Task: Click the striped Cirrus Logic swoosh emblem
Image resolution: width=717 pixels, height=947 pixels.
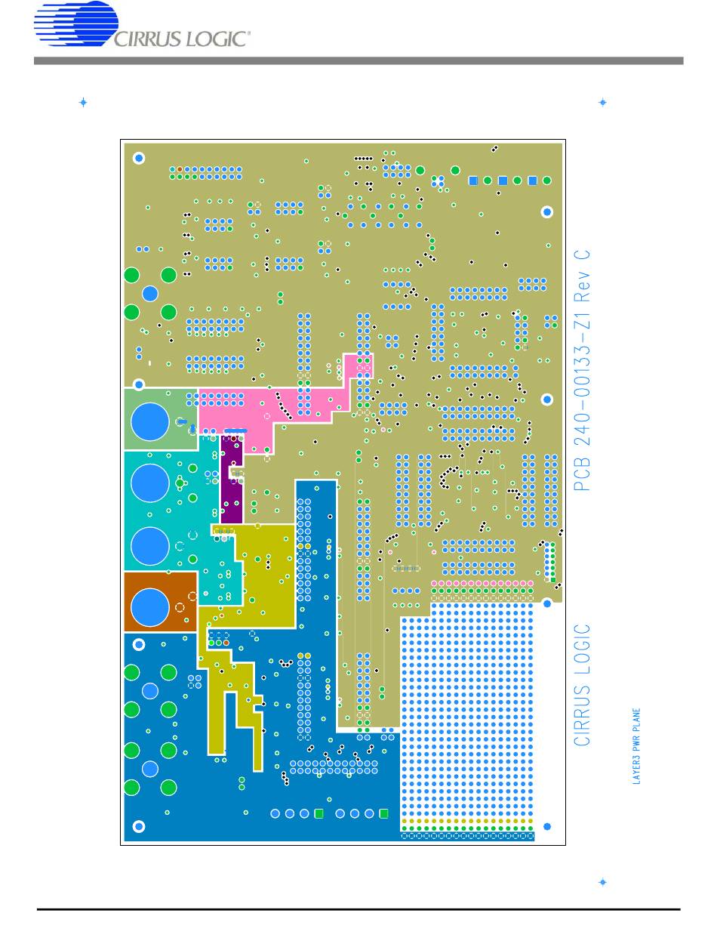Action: pyautogui.click(x=75, y=24)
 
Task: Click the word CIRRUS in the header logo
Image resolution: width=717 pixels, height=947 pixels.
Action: pyautogui.click(x=147, y=39)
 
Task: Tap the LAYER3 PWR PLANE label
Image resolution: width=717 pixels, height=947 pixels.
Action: pyautogui.click(x=636, y=745)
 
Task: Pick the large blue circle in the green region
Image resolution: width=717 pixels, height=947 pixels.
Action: pyautogui.click(x=149, y=421)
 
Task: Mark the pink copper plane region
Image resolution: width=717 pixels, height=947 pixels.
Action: pyautogui.click(x=249, y=412)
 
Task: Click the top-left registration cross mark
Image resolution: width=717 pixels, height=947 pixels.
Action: pyautogui.click(x=83, y=103)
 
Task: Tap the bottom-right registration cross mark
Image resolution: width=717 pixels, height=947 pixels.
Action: pyautogui.click(x=602, y=881)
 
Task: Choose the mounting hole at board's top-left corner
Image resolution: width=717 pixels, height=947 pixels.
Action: pyautogui.click(x=139, y=158)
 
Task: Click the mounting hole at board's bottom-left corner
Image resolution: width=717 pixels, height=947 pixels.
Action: pyautogui.click(x=139, y=826)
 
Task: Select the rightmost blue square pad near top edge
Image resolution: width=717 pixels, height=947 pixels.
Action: pyautogui.click(x=533, y=180)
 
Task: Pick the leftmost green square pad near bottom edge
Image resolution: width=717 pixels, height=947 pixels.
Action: pyautogui.click(x=318, y=813)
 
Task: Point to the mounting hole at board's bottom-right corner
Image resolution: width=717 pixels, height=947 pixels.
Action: pyautogui.click(x=547, y=826)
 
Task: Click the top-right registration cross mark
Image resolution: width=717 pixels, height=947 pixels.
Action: pyautogui.click(x=602, y=103)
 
